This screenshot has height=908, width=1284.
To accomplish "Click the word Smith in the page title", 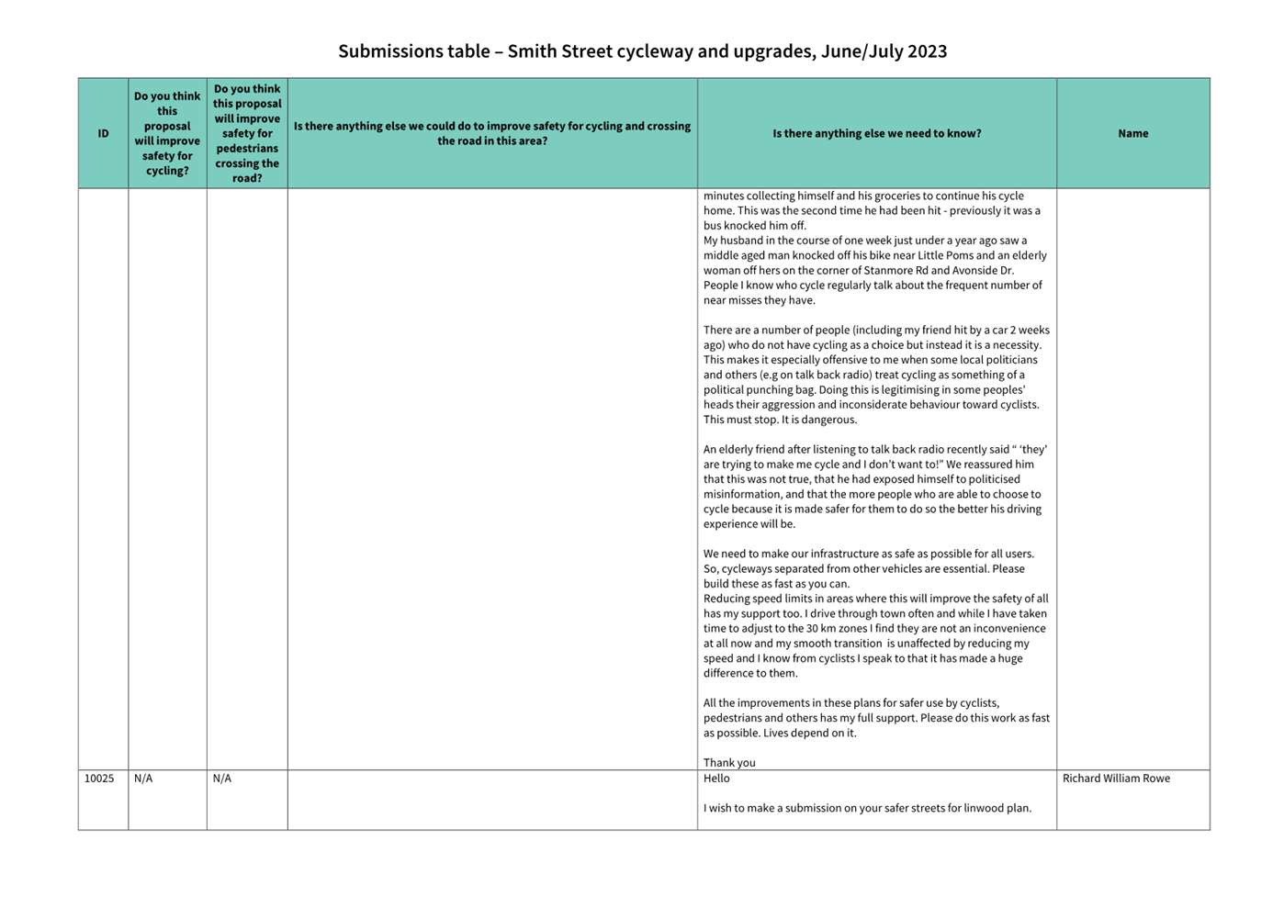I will (533, 51).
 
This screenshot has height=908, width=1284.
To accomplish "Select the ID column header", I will (103, 134).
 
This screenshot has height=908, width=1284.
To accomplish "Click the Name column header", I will (1132, 134).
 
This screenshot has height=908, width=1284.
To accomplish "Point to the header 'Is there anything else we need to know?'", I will (876, 134).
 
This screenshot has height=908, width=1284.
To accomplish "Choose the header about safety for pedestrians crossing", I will (247, 134).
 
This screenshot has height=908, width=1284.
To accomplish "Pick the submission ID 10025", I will (99, 779).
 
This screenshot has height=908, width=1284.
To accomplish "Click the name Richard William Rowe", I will (1116, 779).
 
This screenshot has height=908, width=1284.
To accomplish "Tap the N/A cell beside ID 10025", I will (143, 779).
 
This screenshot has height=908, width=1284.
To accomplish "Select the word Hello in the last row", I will (716, 779).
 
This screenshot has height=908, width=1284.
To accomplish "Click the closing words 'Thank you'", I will (729, 763).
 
